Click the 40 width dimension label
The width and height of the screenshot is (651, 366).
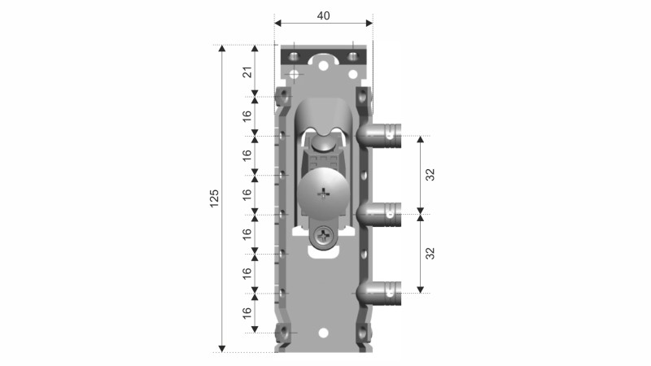click(x=323, y=15)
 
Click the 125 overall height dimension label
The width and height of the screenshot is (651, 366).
click(x=214, y=198)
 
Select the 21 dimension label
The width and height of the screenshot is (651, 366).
click(x=247, y=72)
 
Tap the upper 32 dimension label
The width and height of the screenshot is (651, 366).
click(x=430, y=175)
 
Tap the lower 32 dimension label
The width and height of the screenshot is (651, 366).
click(x=430, y=253)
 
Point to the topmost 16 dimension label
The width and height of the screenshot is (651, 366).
click(x=247, y=115)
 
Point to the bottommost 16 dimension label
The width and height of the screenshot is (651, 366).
click(x=247, y=313)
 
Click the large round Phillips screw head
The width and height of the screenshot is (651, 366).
click(x=323, y=193)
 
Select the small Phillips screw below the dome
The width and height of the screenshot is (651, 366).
click(x=324, y=237)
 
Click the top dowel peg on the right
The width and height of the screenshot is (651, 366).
click(x=378, y=136)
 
